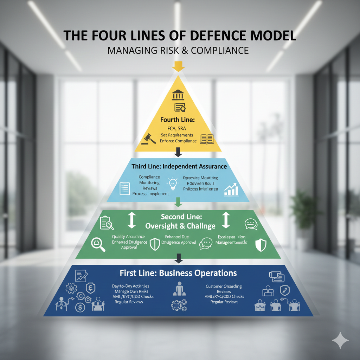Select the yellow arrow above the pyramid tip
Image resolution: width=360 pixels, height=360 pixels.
point(179,66)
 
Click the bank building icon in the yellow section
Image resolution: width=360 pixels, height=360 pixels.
point(178,95)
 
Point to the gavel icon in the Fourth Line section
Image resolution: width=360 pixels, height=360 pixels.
point(148,139)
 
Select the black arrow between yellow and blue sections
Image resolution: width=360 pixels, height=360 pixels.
point(178,152)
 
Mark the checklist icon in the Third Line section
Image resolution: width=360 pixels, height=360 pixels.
point(125,189)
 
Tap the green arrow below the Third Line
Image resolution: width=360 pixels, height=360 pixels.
point(178,202)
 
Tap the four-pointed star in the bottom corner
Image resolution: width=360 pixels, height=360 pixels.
point(340,340)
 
